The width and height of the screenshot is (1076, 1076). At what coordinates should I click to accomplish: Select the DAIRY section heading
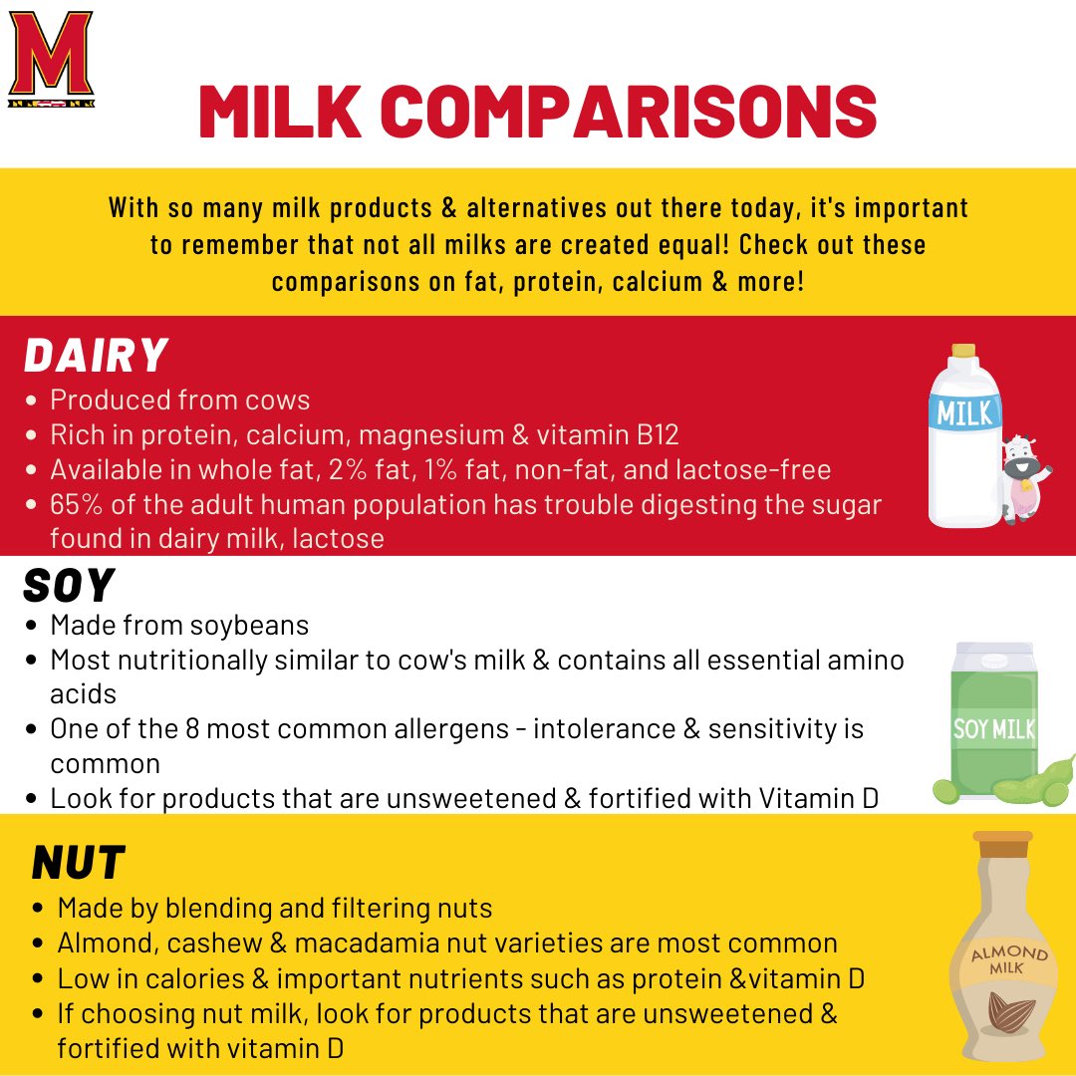click(96, 355)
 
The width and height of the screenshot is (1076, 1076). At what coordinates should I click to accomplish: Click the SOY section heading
click(68, 586)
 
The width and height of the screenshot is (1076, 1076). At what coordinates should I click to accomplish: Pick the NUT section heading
click(78, 863)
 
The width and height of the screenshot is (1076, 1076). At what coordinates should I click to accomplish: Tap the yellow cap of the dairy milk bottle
click(962, 351)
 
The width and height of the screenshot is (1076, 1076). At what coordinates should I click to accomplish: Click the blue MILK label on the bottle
click(964, 412)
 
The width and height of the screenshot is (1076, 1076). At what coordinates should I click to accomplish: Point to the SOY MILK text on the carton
click(992, 729)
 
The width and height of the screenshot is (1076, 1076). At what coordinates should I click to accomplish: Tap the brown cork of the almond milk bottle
click(1003, 847)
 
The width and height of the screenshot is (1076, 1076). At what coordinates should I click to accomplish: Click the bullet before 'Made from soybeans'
click(33, 626)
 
